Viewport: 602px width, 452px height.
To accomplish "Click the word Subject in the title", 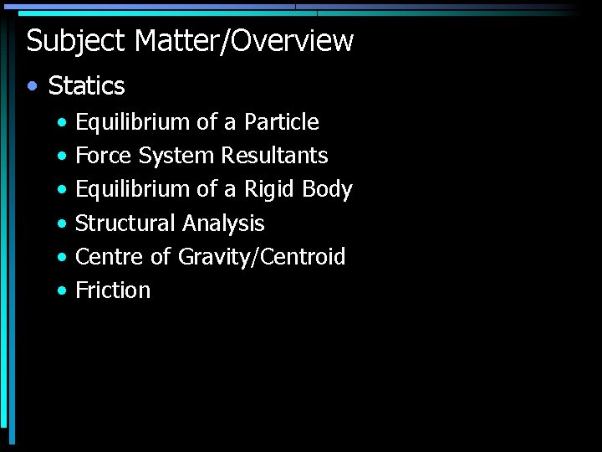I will (75, 41).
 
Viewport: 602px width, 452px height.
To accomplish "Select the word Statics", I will (86, 85).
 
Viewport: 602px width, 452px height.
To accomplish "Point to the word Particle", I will (281, 122).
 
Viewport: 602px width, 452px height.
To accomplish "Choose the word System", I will (176, 157).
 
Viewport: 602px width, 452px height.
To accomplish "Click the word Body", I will (327, 190).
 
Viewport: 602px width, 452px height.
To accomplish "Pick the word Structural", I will (125, 223).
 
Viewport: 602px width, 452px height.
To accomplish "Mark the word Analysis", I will (222, 224).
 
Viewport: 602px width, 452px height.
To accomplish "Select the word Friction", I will (113, 290).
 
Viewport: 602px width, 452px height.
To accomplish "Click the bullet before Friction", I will (63, 291).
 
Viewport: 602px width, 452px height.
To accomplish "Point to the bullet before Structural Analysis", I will (63, 224).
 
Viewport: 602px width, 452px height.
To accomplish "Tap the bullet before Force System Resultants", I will (63, 157).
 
